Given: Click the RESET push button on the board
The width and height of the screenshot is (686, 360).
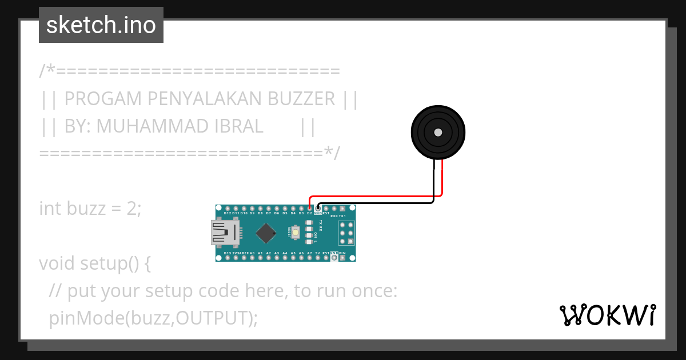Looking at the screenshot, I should [x=295, y=233].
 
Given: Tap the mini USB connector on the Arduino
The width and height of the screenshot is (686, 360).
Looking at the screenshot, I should [x=225, y=233].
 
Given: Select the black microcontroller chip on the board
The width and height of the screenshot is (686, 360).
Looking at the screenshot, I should [x=265, y=233].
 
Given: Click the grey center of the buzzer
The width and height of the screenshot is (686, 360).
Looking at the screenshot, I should [x=438, y=133].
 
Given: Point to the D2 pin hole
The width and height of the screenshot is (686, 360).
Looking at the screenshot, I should [x=310, y=208].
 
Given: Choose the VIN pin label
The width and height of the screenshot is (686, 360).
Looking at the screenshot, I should [x=342, y=253].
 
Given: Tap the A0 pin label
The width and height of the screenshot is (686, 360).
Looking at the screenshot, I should [x=252, y=253].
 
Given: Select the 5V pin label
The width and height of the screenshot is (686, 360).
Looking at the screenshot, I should [x=318, y=253].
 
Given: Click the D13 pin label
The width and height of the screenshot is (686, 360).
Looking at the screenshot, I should [x=228, y=253].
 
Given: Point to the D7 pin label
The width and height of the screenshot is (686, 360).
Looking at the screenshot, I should [x=269, y=213].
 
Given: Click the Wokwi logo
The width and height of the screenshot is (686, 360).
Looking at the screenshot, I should [x=607, y=315].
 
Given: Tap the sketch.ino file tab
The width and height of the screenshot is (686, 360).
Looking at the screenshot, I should [x=101, y=25].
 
